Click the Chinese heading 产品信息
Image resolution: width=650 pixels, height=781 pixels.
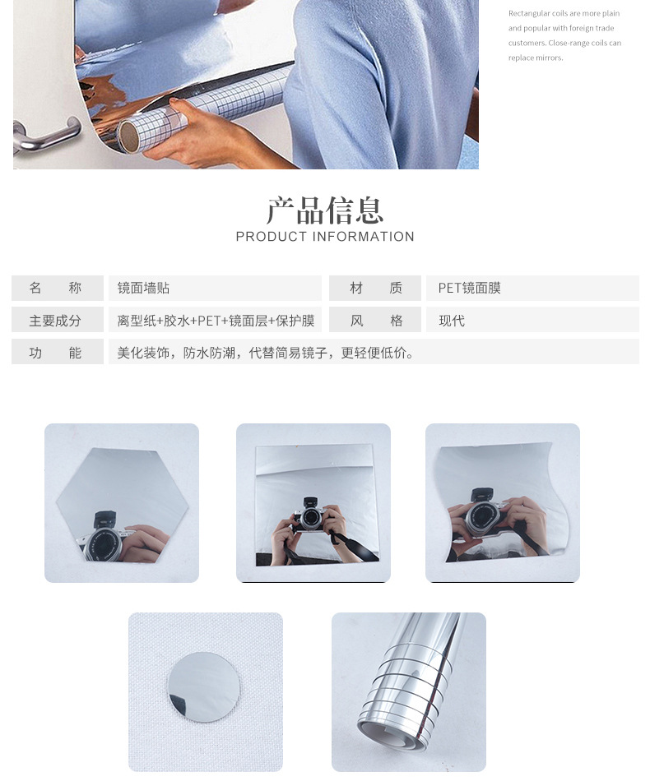pos(325,210)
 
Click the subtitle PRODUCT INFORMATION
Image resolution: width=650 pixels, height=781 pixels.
pos(325,237)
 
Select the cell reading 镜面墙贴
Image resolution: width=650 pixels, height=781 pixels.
pos(144,288)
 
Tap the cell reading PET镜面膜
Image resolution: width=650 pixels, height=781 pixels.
pos(470,288)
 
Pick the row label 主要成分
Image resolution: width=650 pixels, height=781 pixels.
pos(55,321)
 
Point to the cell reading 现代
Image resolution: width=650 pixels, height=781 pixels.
pos(452,321)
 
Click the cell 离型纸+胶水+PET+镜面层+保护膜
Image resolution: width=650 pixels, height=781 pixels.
pos(216,321)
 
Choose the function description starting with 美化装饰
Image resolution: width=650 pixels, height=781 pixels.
pos(266,353)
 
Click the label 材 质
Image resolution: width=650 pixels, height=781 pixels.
pos(375,288)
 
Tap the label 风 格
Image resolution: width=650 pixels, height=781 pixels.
pos(375,321)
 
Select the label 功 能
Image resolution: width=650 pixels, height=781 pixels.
pos(55,353)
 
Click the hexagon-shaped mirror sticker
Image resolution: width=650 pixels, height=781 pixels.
pos(122,503)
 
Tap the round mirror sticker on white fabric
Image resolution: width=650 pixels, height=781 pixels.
pos(205,686)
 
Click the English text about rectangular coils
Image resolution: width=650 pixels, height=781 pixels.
pos(564,35)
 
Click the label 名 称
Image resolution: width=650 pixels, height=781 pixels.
pos(55,288)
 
